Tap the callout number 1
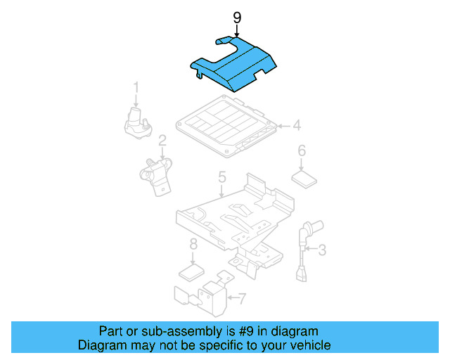tap(136, 87)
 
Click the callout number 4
tap(297, 126)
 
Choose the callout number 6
tap(301, 150)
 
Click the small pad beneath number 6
tap(304, 178)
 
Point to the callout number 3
tap(322, 250)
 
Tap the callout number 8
tap(193, 245)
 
